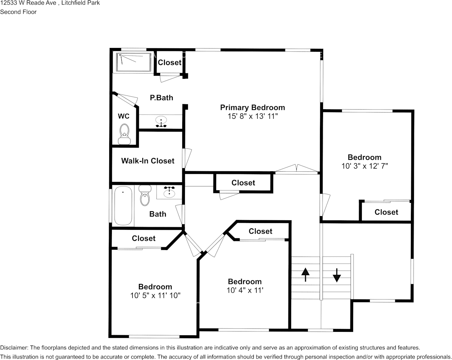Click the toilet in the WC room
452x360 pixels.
[x=124, y=134]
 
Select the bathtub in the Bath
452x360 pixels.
[x=123, y=205]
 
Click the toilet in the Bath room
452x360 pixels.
[x=145, y=196]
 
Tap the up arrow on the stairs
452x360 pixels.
[x=305, y=274]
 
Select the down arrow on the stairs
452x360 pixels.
[x=337, y=275]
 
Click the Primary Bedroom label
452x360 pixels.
[x=252, y=107]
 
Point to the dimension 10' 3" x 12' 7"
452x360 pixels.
[x=364, y=166]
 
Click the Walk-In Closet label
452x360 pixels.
[x=148, y=161]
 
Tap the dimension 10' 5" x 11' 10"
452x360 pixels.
[x=155, y=295]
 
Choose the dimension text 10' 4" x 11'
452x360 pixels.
[x=245, y=290]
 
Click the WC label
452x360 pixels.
[x=124, y=116]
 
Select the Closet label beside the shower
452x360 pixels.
[x=169, y=62]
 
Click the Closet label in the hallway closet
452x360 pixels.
[x=243, y=183]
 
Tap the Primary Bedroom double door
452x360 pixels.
[x=296, y=170]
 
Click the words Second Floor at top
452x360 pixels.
[x=18, y=12]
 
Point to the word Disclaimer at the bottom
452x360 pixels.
[x=13, y=347]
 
